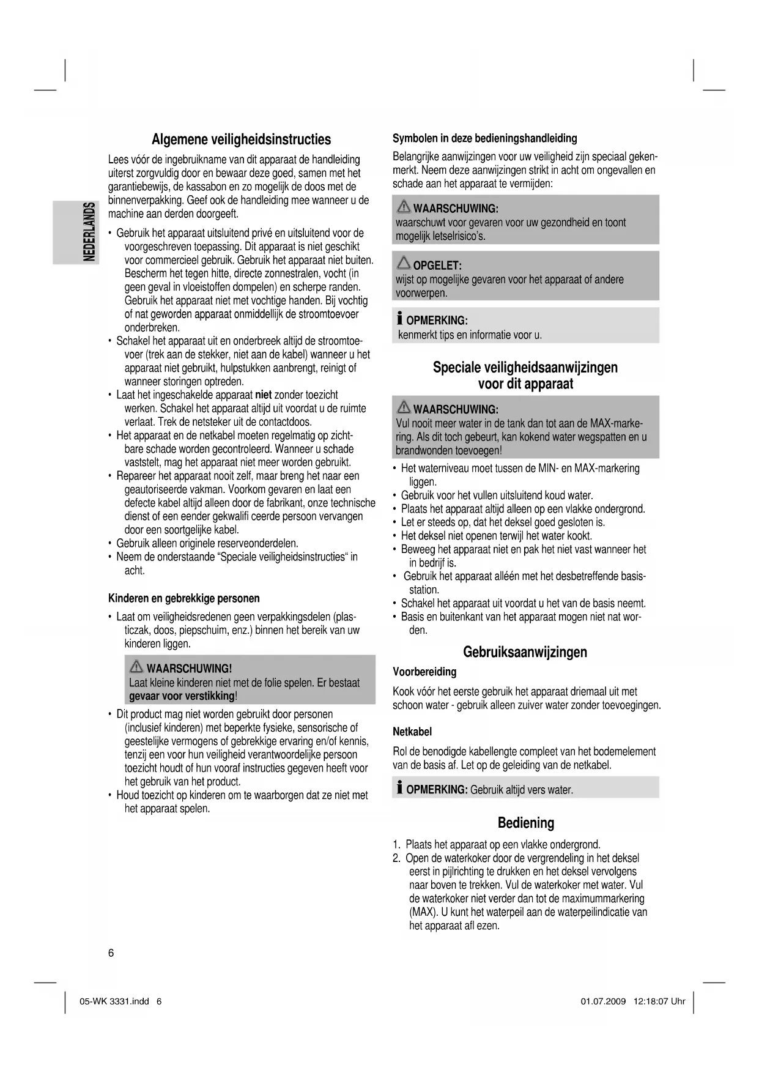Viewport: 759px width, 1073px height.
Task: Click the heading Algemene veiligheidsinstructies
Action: click(241, 139)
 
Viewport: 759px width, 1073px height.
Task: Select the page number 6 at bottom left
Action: click(111, 952)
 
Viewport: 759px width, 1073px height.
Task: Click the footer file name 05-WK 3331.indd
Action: click(114, 1001)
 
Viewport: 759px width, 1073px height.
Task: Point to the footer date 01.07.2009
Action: click(602, 1001)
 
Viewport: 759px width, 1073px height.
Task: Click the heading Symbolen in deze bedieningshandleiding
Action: click(484, 138)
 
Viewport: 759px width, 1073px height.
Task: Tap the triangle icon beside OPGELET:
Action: click(404, 264)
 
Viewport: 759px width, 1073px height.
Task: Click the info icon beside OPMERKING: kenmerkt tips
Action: click(399, 319)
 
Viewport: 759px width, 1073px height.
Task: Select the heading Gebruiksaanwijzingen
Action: click(525, 652)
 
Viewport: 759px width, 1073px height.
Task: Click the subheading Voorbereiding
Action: click(424, 672)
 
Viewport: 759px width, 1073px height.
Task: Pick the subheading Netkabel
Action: click(412, 732)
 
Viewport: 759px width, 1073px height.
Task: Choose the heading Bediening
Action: click(525, 823)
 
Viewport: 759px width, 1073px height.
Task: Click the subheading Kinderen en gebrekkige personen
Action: click(183, 598)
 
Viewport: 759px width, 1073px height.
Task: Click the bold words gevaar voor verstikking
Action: click(182, 696)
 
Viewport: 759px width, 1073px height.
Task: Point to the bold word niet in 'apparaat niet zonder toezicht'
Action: click(263, 395)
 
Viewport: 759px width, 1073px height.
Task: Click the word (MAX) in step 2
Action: click(421, 912)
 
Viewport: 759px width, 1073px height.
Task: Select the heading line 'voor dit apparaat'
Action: click(525, 384)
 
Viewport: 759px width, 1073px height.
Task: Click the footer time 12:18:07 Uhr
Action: click(661, 1001)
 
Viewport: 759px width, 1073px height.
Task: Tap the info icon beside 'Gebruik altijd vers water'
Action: click(399, 788)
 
